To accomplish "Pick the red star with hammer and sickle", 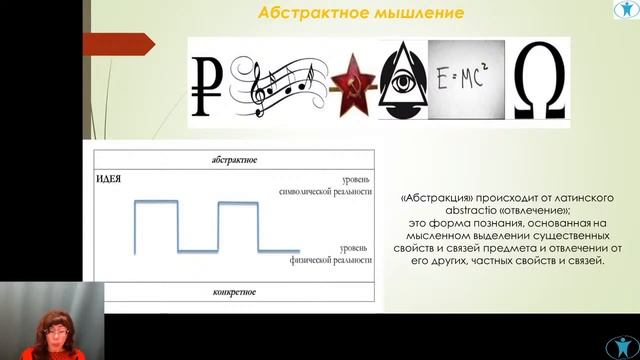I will [351, 82].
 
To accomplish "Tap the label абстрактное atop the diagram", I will [235, 159].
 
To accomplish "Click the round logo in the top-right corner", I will [623, 15].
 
